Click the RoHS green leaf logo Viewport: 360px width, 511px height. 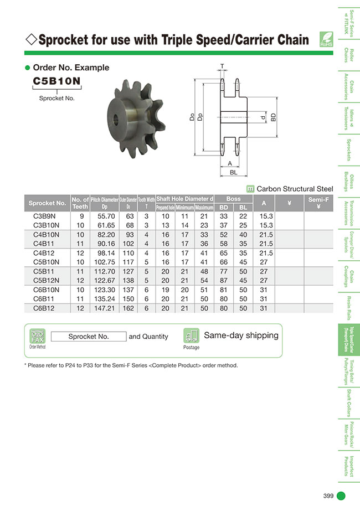point(326,40)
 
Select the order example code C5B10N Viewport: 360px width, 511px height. point(56,81)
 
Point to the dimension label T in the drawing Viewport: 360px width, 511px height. point(223,65)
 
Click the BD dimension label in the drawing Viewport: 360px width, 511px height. point(273,117)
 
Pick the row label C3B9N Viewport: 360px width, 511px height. point(47,216)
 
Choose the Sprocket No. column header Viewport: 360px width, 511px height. point(47,203)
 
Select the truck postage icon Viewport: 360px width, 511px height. point(191,335)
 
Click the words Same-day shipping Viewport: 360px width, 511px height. point(241,335)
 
